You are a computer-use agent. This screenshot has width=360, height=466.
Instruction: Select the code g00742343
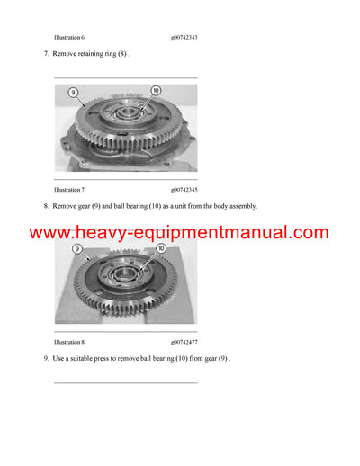[x=184, y=38]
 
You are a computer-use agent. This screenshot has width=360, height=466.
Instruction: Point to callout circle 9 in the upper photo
[x=74, y=92]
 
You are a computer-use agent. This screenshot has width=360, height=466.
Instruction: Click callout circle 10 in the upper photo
[x=155, y=90]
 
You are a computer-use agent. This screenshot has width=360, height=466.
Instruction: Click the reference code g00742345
[x=184, y=190]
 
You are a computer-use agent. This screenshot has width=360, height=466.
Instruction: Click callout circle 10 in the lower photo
[x=161, y=247]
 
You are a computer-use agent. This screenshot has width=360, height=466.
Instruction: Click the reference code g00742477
[x=184, y=343]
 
